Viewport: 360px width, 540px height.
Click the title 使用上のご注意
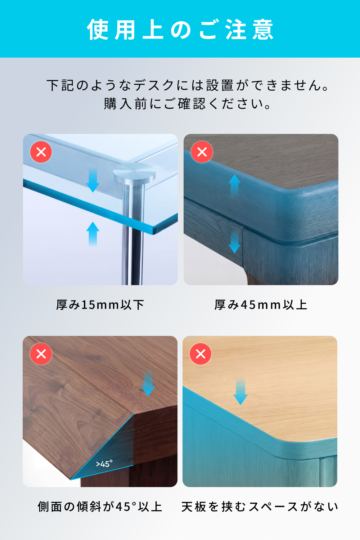click(x=180, y=30)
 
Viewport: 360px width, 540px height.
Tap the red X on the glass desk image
click(x=41, y=152)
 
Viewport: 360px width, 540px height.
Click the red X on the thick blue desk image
click(x=202, y=152)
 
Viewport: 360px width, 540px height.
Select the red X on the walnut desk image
click(x=41, y=354)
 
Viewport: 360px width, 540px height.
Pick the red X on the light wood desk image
click(x=201, y=354)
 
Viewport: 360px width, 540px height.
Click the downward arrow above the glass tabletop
click(x=93, y=180)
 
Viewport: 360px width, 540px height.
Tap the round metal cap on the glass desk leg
click(x=134, y=172)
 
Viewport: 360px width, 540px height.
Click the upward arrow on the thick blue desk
click(x=234, y=186)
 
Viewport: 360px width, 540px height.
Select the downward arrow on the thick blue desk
click(x=234, y=242)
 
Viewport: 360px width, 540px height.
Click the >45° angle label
click(x=104, y=464)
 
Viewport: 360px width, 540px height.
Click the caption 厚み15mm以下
click(x=100, y=305)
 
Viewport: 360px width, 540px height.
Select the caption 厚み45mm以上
click(x=261, y=305)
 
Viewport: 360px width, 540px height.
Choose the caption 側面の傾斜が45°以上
click(x=100, y=507)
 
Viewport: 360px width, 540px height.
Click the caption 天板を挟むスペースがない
click(x=260, y=507)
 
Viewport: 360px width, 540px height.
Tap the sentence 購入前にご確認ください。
click(x=188, y=104)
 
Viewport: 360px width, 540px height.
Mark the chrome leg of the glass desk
click(x=133, y=234)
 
